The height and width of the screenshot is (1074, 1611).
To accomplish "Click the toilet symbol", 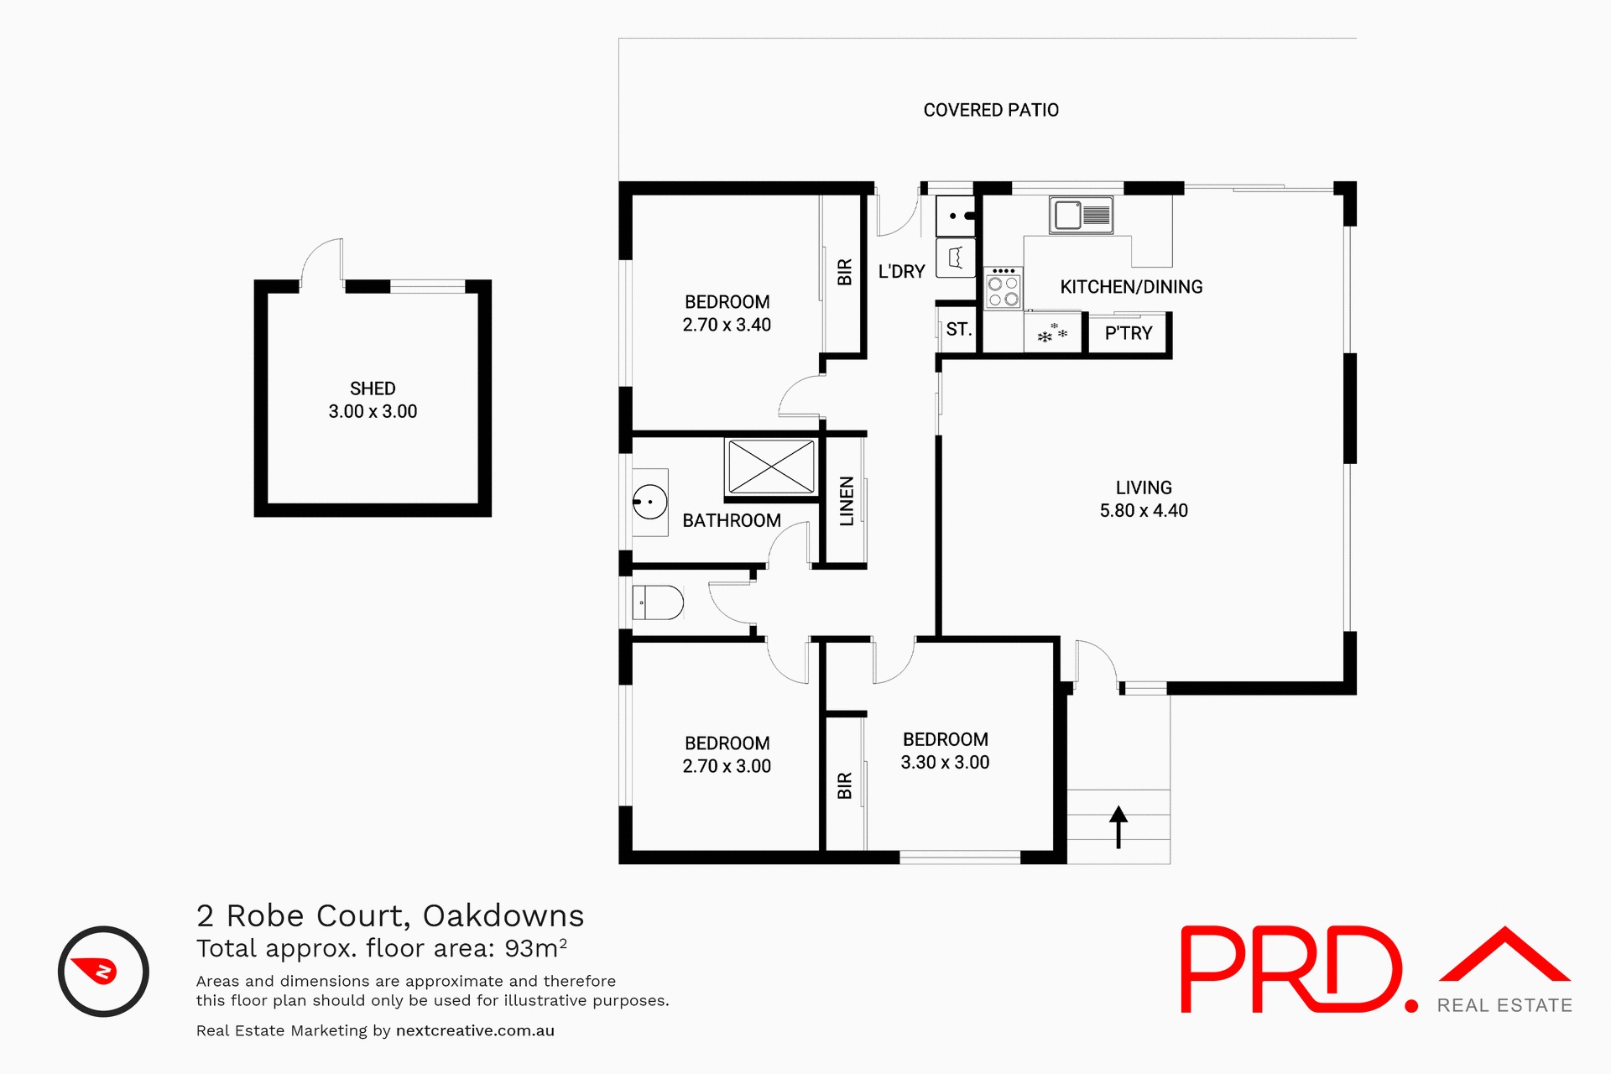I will click(659, 602).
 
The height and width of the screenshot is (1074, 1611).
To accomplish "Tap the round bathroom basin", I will click(649, 502).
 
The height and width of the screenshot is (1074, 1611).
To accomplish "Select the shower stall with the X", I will click(771, 467).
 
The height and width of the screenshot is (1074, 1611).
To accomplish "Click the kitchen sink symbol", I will click(1081, 216).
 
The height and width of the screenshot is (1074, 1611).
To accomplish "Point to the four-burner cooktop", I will click(1003, 288).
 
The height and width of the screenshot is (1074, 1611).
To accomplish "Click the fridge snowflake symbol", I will click(1052, 333).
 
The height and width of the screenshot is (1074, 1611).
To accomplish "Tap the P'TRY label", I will click(1128, 333).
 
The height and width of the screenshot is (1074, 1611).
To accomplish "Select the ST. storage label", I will click(958, 330).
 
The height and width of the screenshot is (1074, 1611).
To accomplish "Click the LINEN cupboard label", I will click(847, 501).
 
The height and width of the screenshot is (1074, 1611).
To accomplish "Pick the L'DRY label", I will click(901, 272).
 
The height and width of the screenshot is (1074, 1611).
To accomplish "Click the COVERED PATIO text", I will click(991, 110).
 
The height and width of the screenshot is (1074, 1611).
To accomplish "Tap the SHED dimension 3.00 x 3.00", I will click(373, 412).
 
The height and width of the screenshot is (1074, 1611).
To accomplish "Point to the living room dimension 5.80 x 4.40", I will click(1144, 511).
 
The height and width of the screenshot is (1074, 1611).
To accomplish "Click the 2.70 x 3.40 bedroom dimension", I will click(727, 325).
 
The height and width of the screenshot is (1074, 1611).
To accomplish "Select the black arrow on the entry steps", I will click(1118, 826).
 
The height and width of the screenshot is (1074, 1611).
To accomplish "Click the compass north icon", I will click(103, 972).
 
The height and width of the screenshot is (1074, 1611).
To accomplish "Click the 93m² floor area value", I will click(535, 948).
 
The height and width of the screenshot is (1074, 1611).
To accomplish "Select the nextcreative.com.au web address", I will click(475, 1030).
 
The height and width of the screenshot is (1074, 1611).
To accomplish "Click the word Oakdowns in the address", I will click(503, 915).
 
